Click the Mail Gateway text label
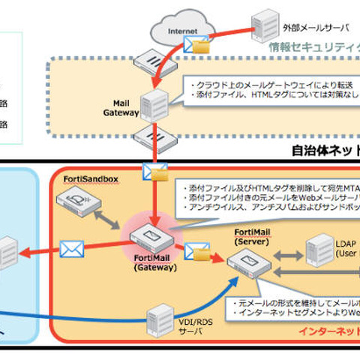[121, 109]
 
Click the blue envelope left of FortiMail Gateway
[72, 247]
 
